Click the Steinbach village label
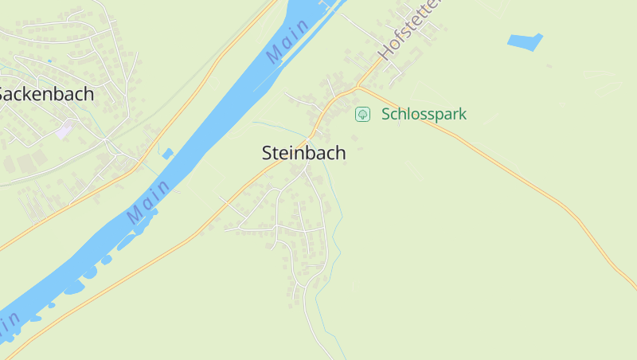(x=303, y=153)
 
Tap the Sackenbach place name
(x=46, y=94)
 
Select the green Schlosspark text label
(x=424, y=114)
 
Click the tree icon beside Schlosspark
(x=362, y=114)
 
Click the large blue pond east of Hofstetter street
(x=524, y=41)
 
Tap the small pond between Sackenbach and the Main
(x=167, y=153)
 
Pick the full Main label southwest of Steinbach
(x=148, y=202)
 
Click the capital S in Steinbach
(x=268, y=153)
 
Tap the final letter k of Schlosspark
(x=462, y=114)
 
